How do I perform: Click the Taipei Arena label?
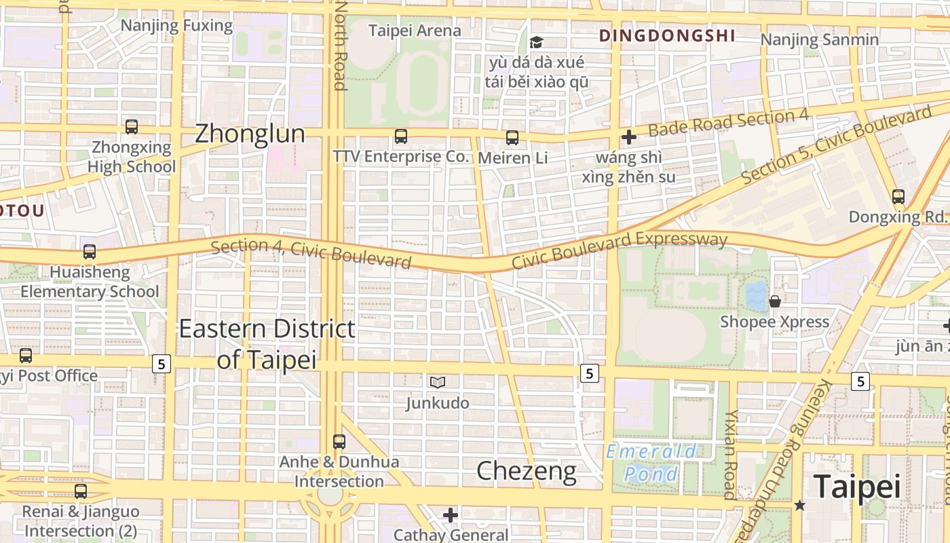(x=415, y=31)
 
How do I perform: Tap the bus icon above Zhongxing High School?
(x=132, y=127)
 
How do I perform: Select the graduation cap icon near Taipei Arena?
(x=536, y=43)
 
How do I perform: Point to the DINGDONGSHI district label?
(x=667, y=36)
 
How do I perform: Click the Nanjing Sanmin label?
(x=819, y=39)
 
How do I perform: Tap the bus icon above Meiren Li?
(x=512, y=138)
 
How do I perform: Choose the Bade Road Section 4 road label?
(x=727, y=122)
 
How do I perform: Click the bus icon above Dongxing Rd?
(x=898, y=197)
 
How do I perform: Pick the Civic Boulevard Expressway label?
(x=619, y=249)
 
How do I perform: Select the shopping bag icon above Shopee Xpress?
(x=774, y=301)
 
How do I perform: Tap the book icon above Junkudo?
(x=438, y=383)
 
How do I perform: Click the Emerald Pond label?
(x=651, y=462)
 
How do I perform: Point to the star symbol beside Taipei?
(x=800, y=505)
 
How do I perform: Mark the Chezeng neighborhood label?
(x=527, y=470)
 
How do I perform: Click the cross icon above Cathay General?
(x=451, y=515)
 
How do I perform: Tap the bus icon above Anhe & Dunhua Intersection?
(x=339, y=442)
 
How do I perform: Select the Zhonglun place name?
(x=250, y=134)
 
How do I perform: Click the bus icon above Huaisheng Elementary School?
(x=89, y=252)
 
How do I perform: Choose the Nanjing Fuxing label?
(x=176, y=26)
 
